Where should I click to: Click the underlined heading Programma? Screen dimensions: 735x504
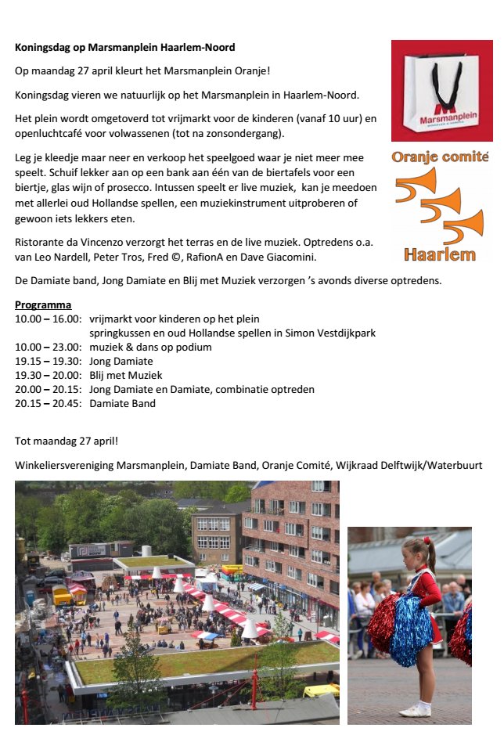[43, 304]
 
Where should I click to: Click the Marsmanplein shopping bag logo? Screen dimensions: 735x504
[442, 91]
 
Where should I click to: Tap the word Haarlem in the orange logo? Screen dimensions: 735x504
[440, 254]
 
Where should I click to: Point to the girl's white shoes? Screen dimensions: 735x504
[416, 709]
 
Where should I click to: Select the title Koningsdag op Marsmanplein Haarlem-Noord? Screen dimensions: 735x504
[124, 48]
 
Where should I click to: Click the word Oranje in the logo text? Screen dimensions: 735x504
[417, 157]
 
